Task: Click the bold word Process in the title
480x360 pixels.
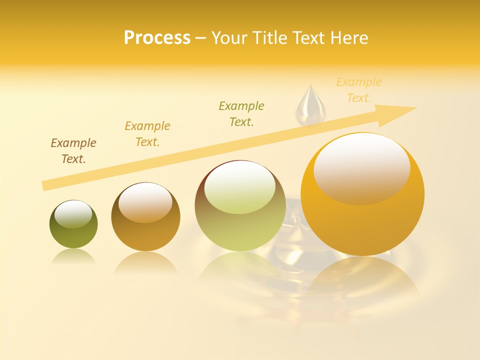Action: (x=157, y=38)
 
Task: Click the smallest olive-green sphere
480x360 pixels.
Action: (x=73, y=235)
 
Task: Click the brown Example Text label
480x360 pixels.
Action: (x=73, y=151)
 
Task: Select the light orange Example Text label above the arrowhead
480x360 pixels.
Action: (x=359, y=90)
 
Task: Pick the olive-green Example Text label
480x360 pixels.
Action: (x=241, y=113)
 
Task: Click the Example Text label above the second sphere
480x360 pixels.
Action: (x=147, y=133)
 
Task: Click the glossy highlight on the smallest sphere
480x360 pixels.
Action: (x=73, y=214)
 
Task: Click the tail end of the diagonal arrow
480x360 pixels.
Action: (x=46, y=185)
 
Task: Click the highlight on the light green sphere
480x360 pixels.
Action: (x=240, y=187)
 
